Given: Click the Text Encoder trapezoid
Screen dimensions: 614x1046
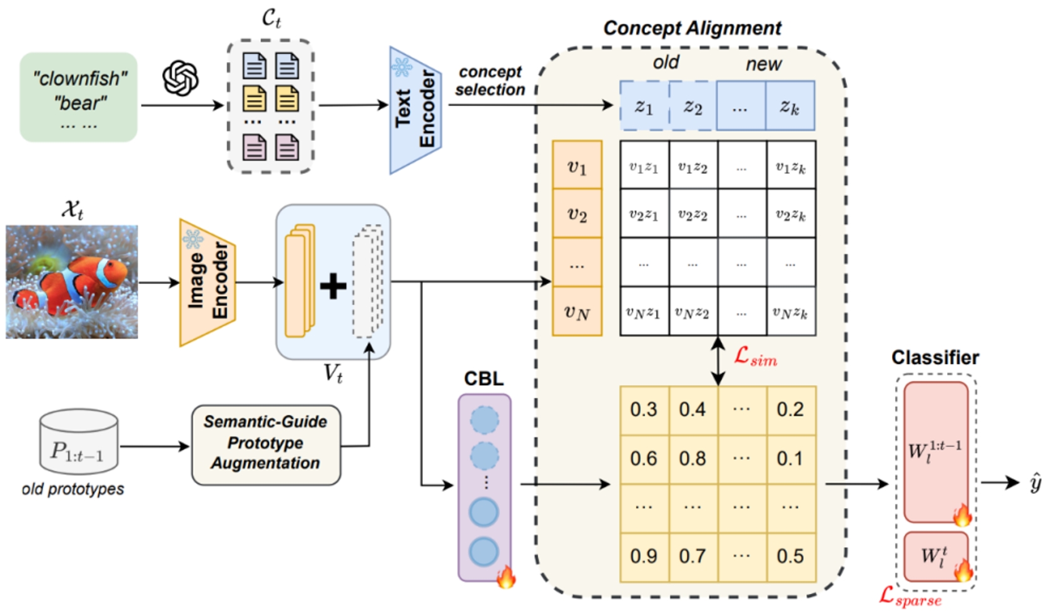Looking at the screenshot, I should (x=415, y=110).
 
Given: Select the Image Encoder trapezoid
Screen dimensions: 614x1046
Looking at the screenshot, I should (x=207, y=282).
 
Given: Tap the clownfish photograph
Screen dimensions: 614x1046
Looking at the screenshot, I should (x=72, y=282).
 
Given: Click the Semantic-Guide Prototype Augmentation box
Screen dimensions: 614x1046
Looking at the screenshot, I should (x=266, y=443).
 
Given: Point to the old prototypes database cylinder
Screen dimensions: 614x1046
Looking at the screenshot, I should (x=78, y=442).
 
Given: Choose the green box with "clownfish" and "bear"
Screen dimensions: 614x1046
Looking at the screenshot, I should (x=79, y=97).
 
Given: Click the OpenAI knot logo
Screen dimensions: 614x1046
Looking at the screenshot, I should (x=180, y=78).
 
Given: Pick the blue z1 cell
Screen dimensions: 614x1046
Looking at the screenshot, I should (x=644, y=106).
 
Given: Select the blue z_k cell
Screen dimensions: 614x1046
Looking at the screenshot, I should (x=790, y=106).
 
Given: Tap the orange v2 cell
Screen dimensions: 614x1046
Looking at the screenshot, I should (x=577, y=214).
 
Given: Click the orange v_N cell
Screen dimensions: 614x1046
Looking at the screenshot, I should (x=577, y=312).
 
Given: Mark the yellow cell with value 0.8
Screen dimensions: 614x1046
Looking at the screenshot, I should (x=693, y=459).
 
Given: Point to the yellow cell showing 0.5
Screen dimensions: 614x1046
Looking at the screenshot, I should (x=790, y=556).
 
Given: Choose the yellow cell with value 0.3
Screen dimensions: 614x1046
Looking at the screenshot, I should (x=644, y=410).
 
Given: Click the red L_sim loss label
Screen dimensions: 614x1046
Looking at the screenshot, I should (x=755, y=357).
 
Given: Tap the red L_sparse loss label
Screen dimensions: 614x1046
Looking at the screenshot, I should (x=910, y=596).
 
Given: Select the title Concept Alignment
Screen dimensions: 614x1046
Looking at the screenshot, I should (x=692, y=28).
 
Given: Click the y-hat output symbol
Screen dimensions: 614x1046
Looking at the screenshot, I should (x=1035, y=483).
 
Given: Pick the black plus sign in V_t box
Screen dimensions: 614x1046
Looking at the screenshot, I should (x=333, y=286).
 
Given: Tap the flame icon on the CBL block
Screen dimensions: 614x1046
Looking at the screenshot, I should (x=505, y=576).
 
